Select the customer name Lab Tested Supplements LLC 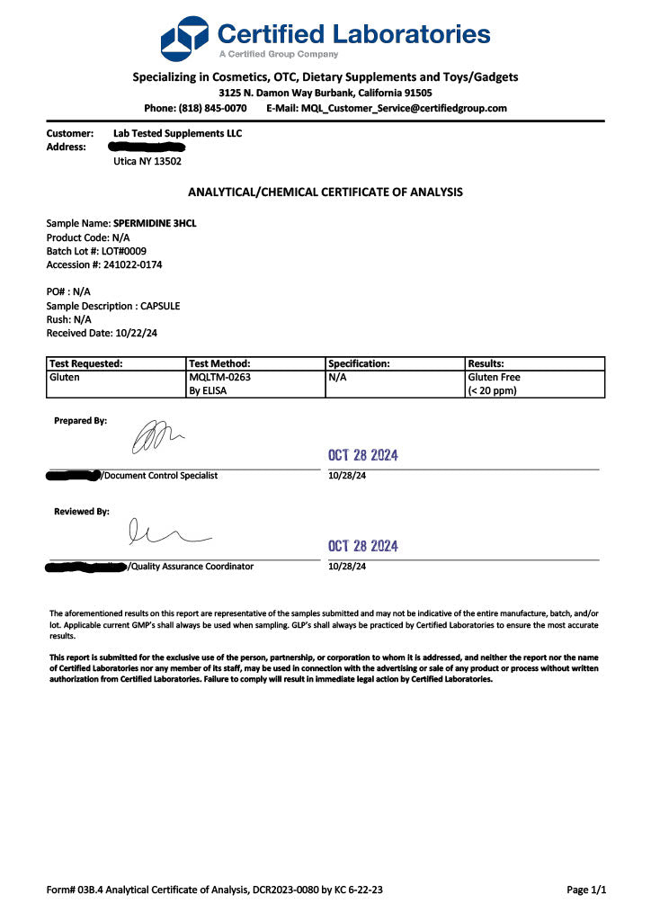171,133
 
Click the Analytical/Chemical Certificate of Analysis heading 325,192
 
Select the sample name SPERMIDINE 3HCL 155,223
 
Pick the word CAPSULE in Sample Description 160,306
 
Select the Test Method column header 219,363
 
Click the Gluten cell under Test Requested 64,377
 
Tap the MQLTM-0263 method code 220,377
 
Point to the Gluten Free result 495,377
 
